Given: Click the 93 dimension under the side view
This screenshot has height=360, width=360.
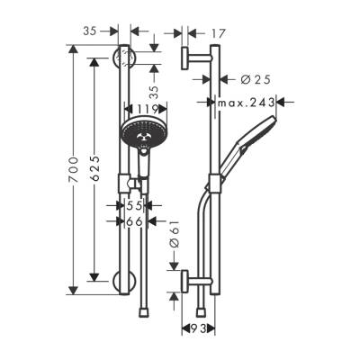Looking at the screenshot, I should tap(196, 331).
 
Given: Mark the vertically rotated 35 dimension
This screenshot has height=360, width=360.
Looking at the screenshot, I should tap(154, 91).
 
